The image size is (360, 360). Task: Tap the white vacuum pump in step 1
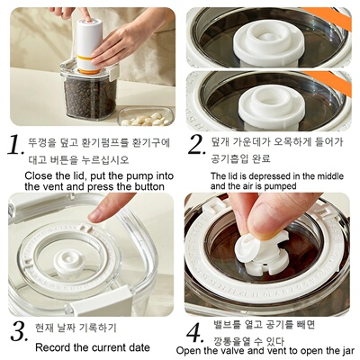pyautogui.click(x=87, y=40)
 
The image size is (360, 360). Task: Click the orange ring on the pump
pyautogui.click(x=88, y=69)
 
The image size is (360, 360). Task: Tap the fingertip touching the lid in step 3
pyautogui.click(x=96, y=214)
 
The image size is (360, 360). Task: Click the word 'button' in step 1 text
pyautogui.click(x=148, y=185)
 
